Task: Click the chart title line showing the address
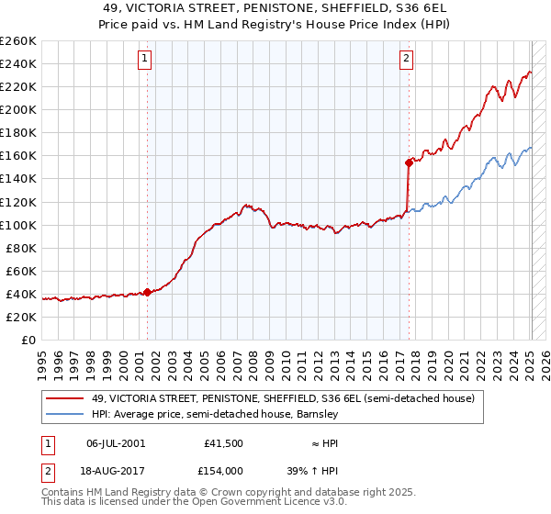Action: point(275,7)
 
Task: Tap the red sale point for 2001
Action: point(147,292)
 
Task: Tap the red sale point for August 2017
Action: point(409,162)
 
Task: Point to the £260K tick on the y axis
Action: point(18,41)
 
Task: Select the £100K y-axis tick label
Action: point(18,225)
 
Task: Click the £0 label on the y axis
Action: point(28,340)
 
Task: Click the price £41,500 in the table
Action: point(223,442)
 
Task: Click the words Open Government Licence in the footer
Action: point(265,505)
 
